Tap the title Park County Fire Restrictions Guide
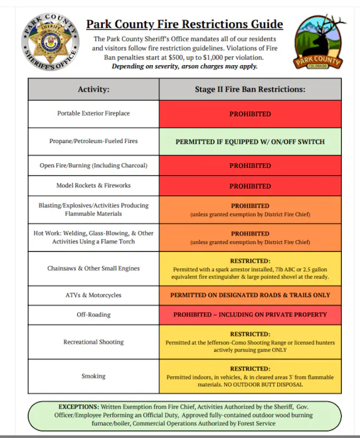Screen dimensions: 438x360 point(184,24)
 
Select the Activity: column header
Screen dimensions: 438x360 point(93,89)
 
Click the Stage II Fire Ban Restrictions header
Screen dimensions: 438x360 point(250,89)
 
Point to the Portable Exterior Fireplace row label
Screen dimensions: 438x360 point(93,114)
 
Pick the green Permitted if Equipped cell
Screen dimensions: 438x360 point(250,142)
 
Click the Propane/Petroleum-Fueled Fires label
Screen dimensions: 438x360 point(93,141)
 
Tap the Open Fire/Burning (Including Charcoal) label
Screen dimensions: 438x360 point(93,165)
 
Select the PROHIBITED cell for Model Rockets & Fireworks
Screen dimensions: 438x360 point(250,186)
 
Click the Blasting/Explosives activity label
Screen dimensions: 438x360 point(93,210)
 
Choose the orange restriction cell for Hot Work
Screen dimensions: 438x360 point(250,237)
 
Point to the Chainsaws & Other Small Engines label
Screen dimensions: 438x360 point(93,268)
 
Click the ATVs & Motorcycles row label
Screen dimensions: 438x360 point(93,295)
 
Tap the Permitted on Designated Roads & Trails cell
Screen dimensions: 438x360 point(250,295)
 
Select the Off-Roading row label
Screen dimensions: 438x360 point(93,315)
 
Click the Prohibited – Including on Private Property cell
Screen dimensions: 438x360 point(250,315)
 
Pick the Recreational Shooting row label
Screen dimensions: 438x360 point(93,342)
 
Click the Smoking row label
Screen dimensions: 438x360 point(93,376)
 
